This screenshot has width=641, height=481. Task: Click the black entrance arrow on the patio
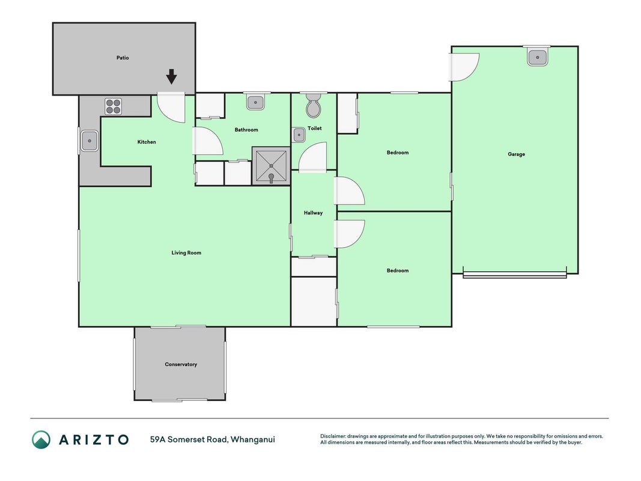click(x=172, y=76)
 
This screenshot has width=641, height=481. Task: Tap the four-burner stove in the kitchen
click(x=113, y=106)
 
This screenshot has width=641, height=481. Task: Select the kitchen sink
click(x=90, y=141)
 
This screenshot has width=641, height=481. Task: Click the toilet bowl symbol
click(x=314, y=105)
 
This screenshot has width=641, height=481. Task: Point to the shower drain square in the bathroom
click(x=271, y=166)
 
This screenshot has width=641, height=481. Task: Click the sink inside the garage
click(x=537, y=57)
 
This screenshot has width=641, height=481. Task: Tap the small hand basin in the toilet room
click(x=299, y=135)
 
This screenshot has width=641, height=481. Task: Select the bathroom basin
click(x=255, y=102)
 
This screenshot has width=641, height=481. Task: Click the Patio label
click(x=123, y=58)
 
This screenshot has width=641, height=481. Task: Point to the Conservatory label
click(x=181, y=364)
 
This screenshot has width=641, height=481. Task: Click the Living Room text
click(x=186, y=253)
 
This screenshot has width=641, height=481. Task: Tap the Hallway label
click(x=313, y=213)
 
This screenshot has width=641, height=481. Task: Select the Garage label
click(x=516, y=154)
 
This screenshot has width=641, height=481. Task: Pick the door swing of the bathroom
click(x=208, y=141)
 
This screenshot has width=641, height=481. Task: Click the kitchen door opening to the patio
click(x=171, y=108)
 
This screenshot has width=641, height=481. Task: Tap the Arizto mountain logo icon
click(x=41, y=440)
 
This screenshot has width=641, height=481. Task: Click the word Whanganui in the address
click(x=253, y=440)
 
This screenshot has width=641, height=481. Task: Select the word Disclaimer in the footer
click(x=333, y=436)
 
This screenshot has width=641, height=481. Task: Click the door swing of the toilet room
click(x=313, y=157)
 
